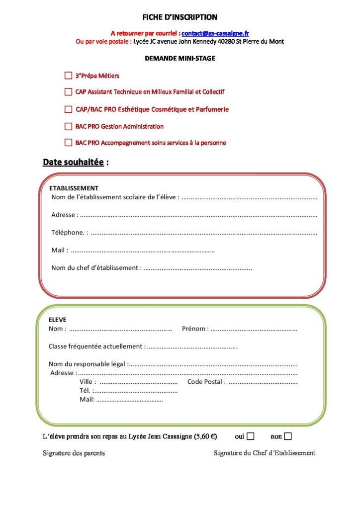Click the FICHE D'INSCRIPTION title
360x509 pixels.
click(x=180, y=17)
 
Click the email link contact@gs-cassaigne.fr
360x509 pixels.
click(x=215, y=33)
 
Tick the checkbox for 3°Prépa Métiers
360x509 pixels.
click(x=68, y=76)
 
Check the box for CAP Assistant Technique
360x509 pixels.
click(x=68, y=92)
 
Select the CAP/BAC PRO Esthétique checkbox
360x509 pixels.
click(x=68, y=109)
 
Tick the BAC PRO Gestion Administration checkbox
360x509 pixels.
click(x=68, y=126)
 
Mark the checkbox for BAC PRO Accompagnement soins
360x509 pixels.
click(x=68, y=143)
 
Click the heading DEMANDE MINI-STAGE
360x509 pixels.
click(x=180, y=58)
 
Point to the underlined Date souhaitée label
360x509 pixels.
click(x=73, y=162)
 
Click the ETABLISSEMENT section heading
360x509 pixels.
click(x=74, y=188)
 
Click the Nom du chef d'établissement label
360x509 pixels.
click(x=96, y=268)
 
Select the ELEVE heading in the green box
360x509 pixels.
click(x=57, y=320)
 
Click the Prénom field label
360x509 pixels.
click(x=195, y=329)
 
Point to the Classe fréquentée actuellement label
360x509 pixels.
click(x=96, y=346)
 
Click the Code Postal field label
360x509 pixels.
click(x=206, y=382)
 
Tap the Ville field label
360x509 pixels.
click(x=88, y=382)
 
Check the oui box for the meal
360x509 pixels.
click(x=250, y=436)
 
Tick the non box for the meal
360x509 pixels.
click(x=288, y=436)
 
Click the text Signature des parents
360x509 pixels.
click(x=74, y=453)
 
